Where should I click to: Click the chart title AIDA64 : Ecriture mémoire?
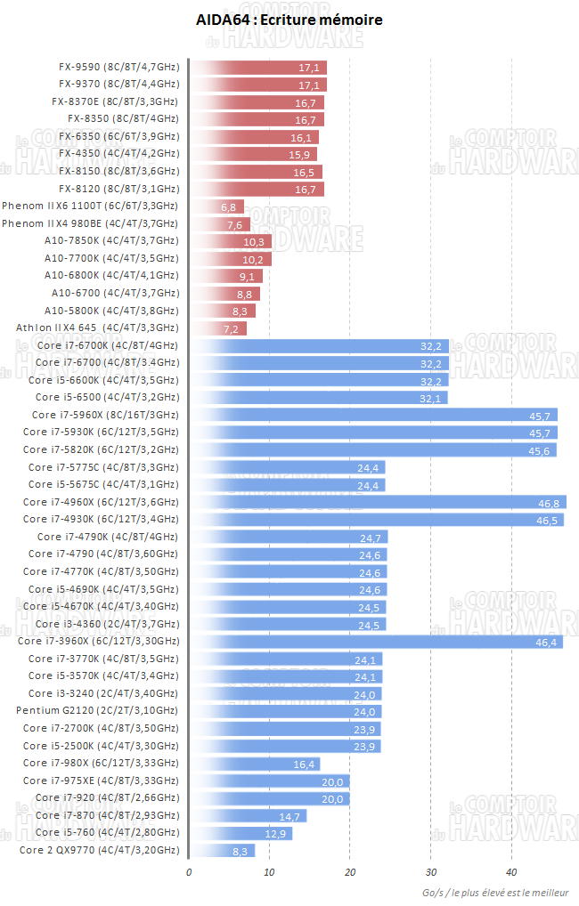click(289, 19)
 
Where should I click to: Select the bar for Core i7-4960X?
click(379, 502)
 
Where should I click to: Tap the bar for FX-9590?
click(258, 67)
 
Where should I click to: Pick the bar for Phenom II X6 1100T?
click(216, 206)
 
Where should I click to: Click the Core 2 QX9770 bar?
click(222, 850)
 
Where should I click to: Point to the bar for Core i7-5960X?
click(374, 415)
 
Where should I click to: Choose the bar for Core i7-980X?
click(255, 764)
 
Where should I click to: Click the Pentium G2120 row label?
click(97, 711)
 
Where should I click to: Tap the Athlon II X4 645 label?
click(97, 328)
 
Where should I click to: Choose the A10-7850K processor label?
click(111, 241)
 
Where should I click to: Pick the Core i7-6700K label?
click(107, 345)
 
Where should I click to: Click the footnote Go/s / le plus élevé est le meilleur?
click(499, 893)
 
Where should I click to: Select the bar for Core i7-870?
click(248, 815)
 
